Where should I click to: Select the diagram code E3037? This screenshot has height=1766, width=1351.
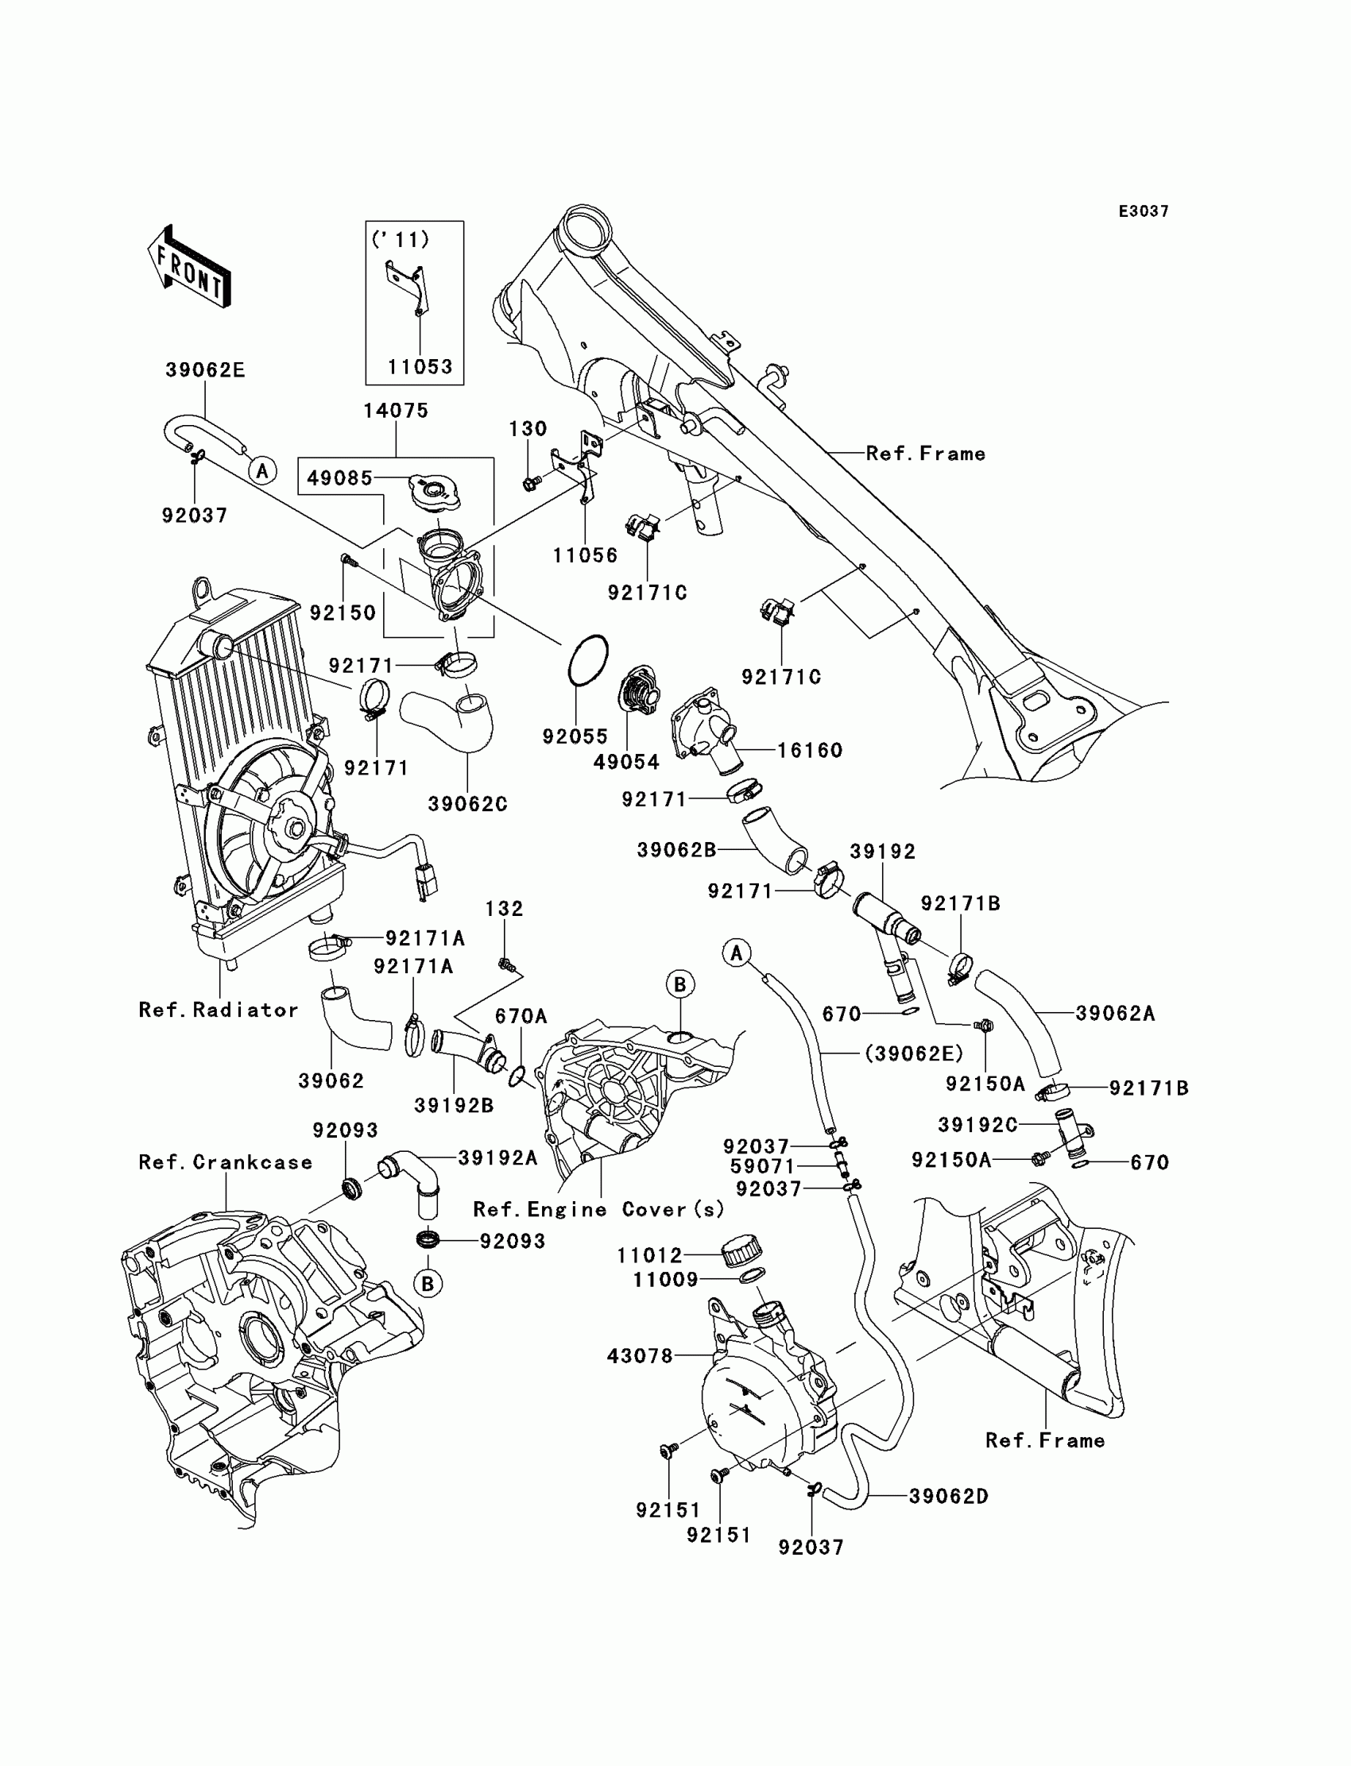[x=1144, y=211]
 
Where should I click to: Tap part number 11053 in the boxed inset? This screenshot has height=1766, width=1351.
[x=420, y=367]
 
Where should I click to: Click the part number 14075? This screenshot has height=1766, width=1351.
[x=396, y=411]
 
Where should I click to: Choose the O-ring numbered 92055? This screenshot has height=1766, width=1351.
[x=588, y=660]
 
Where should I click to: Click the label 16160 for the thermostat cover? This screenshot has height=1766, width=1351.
[x=810, y=750]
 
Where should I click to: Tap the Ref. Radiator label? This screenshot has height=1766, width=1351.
[x=218, y=1010]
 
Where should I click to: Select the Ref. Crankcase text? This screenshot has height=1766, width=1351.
[x=225, y=1162]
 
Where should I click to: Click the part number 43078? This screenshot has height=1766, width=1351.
[x=639, y=1356]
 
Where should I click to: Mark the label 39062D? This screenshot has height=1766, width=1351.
[x=949, y=1497]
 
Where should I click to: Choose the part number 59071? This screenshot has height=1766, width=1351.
[x=762, y=1166]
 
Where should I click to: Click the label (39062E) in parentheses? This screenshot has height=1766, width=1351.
[x=915, y=1053]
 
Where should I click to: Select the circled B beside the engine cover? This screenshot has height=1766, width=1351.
[x=679, y=984]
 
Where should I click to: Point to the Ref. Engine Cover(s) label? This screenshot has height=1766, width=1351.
[x=598, y=1210]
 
